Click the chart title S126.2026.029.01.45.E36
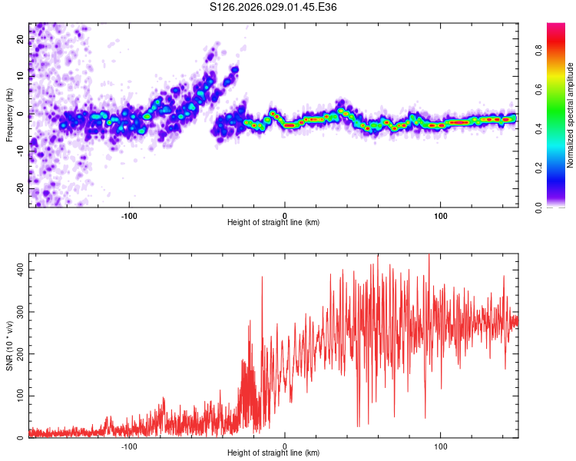(x=273, y=7)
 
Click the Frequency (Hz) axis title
(x=9, y=115)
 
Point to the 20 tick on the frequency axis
(x=21, y=38)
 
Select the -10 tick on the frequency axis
(x=21, y=151)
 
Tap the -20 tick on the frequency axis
(x=21, y=188)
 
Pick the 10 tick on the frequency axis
(x=21, y=77)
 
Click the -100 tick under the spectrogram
(x=128, y=216)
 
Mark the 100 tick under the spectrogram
(x=441, y=216)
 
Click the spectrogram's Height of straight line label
(x=273, y=223)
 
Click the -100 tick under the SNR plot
(x=128, y=446)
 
